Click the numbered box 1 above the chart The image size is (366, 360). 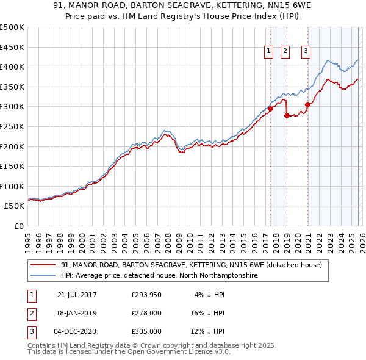(x=268, y=52)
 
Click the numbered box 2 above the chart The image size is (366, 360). (x=285, y=52)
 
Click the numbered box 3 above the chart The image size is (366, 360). (x=306, y=52)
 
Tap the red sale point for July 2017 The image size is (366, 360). (x=270, y=109)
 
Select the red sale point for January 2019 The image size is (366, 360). (x=287, y=115)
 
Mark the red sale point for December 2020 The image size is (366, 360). (x=308, y=104)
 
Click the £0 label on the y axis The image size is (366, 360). (x=18, y=226)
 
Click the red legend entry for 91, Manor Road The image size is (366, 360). (x=195, y=265)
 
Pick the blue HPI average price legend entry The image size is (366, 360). (x=159, y=276)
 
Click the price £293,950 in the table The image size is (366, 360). (x=146, y=295)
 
